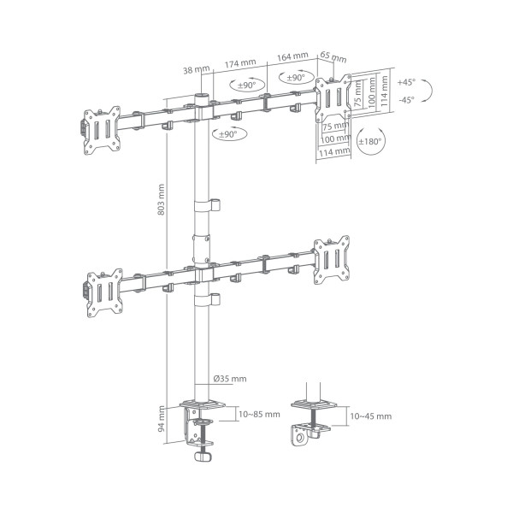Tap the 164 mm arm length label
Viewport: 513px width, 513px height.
pyautogui.click(x=292, y=56)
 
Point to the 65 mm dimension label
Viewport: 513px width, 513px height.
pyautogui.click(x=333, y=58)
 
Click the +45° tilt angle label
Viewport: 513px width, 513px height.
pyautogui.click(x=405, y=83)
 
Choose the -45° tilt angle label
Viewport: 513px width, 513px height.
pyautogui.click(x=405, y=99)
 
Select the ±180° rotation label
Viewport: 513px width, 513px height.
pyautogui.click(x=370, y=140)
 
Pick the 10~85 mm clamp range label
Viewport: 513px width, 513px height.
pyautogui.click(x=260, y=415)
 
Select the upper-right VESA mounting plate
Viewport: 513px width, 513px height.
pyautogui.click(x=333, y=98)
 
